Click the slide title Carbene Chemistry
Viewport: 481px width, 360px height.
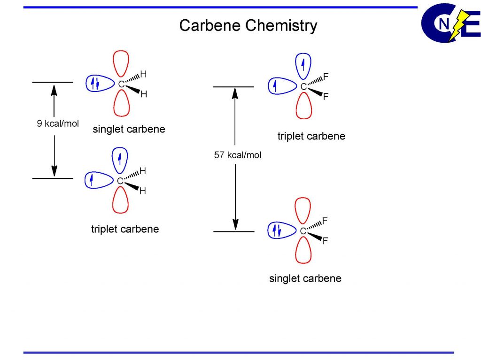pos(248,25)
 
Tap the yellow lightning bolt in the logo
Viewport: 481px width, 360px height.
pos(456,25)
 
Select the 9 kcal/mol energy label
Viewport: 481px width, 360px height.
pos(58,124)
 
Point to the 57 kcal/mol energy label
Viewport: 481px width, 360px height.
pos(238,155)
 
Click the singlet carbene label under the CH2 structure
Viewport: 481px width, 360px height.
pos(129,129)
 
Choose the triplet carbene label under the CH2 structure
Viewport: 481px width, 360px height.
pos(125,229)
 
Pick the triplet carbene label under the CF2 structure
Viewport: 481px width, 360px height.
pos(311,136)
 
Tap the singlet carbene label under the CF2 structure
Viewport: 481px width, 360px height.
pos(305,278)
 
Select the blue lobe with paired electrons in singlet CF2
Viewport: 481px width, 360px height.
pos(280,230)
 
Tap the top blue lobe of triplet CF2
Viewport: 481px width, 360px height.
pos(303,65)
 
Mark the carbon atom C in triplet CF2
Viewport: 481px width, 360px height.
pos(303,87)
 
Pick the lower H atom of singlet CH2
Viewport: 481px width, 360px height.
pos(144,94)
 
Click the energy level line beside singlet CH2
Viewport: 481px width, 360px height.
pos(53,82)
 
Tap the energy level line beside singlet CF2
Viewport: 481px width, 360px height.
pos(233,231)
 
